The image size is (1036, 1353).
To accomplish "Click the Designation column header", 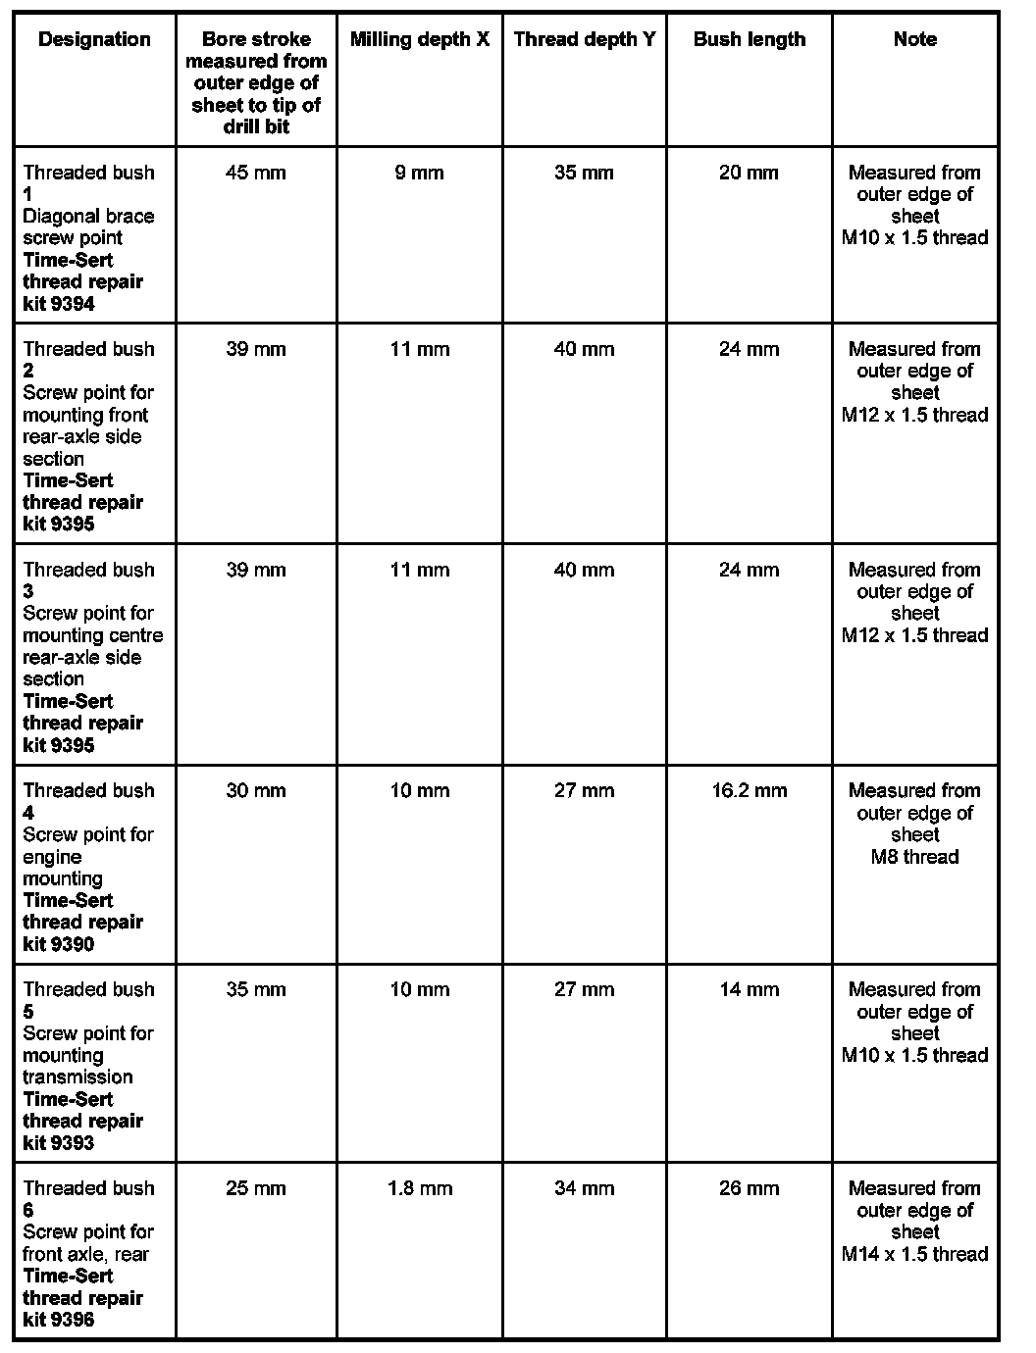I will click(x=94, y=39).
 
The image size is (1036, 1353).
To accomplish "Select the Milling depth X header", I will click(x=419, y=39).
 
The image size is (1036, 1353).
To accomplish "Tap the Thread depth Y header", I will click(x=584, y=39).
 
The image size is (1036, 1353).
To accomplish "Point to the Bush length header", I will click(x=749, y=39).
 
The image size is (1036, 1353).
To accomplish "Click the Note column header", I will click(x=914, y=39).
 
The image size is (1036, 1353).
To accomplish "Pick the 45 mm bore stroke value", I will click(x=256, y=173).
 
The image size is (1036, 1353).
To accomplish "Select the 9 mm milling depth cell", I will click(x=419, y=173).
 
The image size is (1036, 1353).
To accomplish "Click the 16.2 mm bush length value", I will click(x=749, y=790).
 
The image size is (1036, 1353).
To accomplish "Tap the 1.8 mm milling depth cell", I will click(x=419, y=1188).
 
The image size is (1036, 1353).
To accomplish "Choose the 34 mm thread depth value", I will click(x=584, y=1188).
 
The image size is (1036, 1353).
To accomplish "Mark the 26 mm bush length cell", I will click(x=749, y=1188).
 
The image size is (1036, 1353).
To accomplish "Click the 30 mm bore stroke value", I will click(x=256, y=790).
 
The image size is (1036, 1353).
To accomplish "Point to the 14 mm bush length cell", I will click(x=749, y=989).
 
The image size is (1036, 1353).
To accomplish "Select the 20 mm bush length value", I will click(x=749, y=173).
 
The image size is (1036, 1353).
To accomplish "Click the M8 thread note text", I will click(x=914, y=857).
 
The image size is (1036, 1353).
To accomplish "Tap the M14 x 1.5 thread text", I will click(x=914, y=1254).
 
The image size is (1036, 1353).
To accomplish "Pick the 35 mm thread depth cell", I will click(x=584, y=173).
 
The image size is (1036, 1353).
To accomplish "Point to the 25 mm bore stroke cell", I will click(x=256, y=1188).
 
